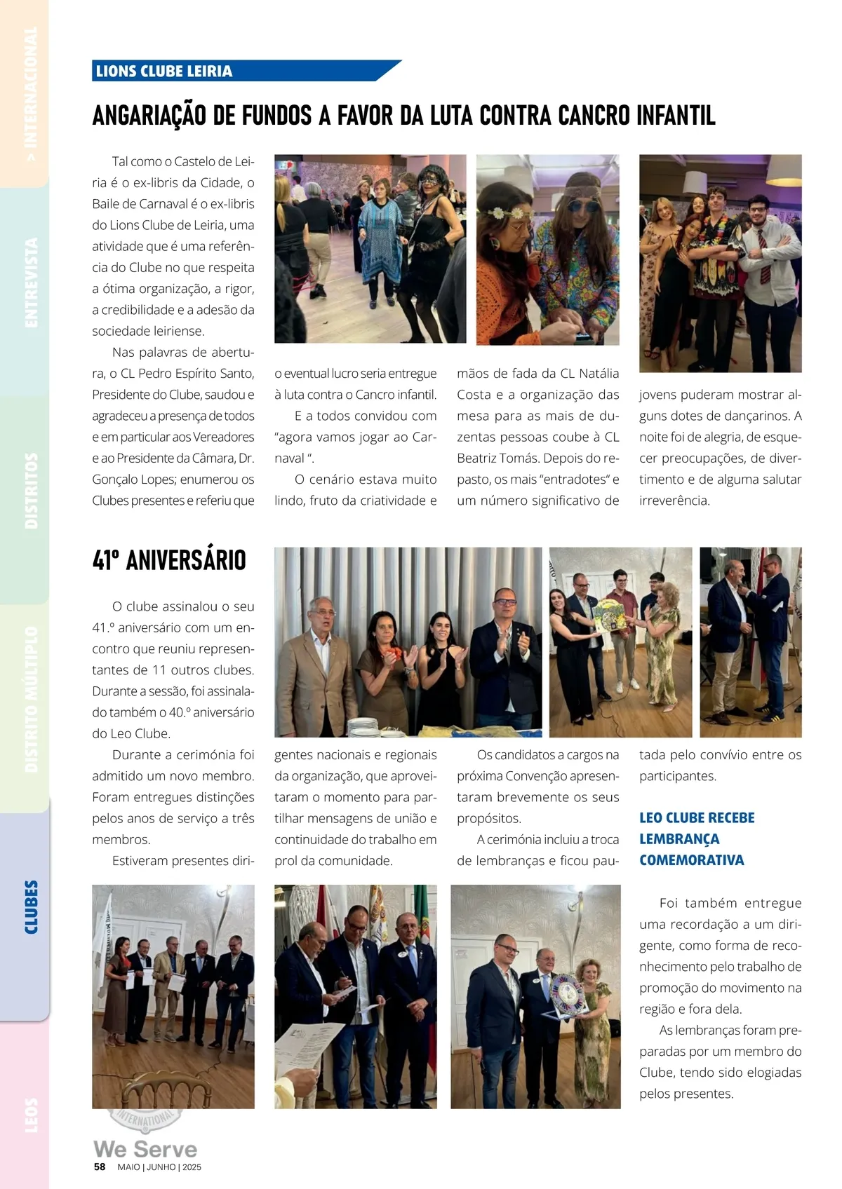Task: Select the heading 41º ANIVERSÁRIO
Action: [x=169, y=561]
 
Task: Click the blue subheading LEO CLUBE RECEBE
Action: [x=697, y=818]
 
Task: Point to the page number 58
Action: [x=100, y=1167]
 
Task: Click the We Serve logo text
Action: [x=145, y=1149]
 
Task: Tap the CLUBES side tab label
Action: [x=31, y=907]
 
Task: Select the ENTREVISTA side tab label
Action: [x=31, y=283]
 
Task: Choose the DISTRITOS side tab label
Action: [x=31, y=490]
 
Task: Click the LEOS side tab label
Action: [x=31, y=1115]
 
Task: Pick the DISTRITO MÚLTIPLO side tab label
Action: [x=31, y=700]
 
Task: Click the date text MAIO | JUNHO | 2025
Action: [x=159, y=1167]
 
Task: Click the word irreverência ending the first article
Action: [x=674, y=501]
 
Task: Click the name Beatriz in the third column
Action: [x=479, y=458]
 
